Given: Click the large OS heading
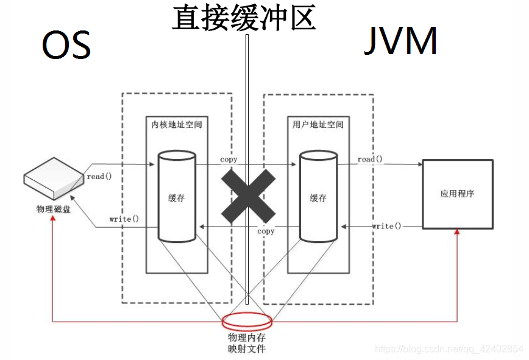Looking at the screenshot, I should (66, 45).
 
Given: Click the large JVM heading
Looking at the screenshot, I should (400, 42).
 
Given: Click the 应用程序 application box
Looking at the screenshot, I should (457, 194).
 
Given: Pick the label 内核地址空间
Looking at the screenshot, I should (176, 124).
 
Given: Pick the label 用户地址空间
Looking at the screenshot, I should (318, 124).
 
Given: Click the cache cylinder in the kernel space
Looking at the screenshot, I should (177, 197).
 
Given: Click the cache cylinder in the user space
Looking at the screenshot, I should (318, 197).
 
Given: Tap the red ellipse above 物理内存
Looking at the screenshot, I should (247, 321).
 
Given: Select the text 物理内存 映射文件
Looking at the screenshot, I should (247, 343).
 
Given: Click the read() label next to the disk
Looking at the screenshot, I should (99, 177).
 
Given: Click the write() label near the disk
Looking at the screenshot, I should (124, 219).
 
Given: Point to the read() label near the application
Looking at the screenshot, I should (370, 159).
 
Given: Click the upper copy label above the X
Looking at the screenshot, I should (229, 159).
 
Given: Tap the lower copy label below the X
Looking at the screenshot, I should (266, 231).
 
